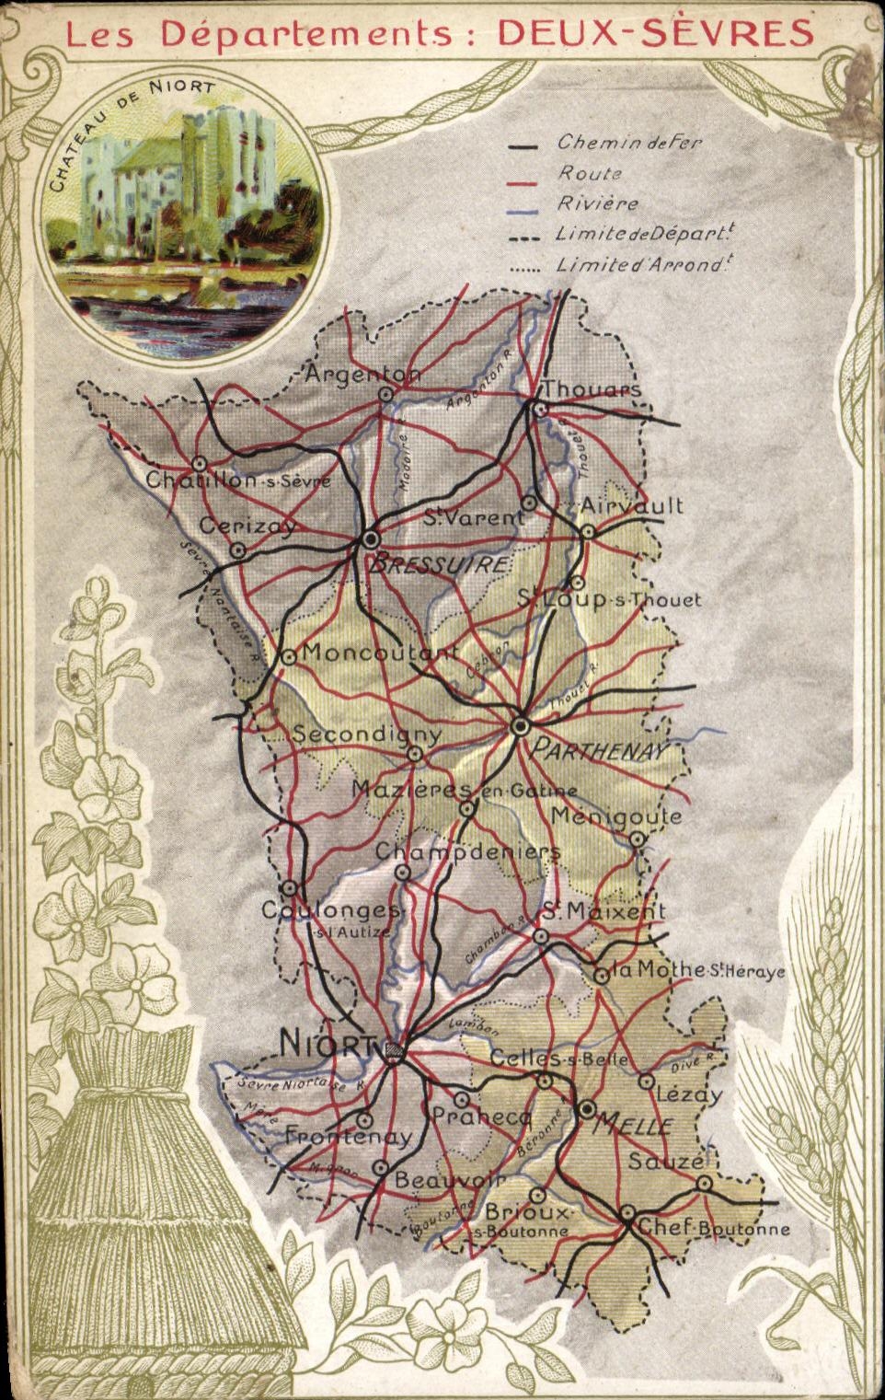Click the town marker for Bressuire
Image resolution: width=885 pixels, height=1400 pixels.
click(x=371, y=538)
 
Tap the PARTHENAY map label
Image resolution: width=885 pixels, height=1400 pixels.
click(x=598, y=750)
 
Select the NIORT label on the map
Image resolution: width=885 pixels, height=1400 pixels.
click(x=327, y=1044)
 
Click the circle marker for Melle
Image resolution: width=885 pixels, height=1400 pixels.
click(x=588, y=1110)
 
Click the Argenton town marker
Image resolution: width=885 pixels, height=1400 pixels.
click(x=386, y=394)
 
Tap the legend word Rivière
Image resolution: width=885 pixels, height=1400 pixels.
click(x=597, y=202)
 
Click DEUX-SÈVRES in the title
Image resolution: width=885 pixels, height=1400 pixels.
click(x=655, y=33)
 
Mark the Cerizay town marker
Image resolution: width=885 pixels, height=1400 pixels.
click(x=237, y=550)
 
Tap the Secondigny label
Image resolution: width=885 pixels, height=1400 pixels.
click(x=367, y=735)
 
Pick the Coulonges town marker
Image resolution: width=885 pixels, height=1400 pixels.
click(x=290, y=888)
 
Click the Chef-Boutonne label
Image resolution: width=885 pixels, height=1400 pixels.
click(x=713, y=1228)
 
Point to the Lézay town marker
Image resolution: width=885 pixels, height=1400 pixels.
click(x=647, y=1081)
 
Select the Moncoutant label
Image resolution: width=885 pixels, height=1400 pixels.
click(x=379, y=653)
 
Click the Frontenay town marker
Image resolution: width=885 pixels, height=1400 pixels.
click(x=364, y=1121)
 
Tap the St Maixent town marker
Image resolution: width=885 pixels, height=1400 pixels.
click(x=542, y=936)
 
